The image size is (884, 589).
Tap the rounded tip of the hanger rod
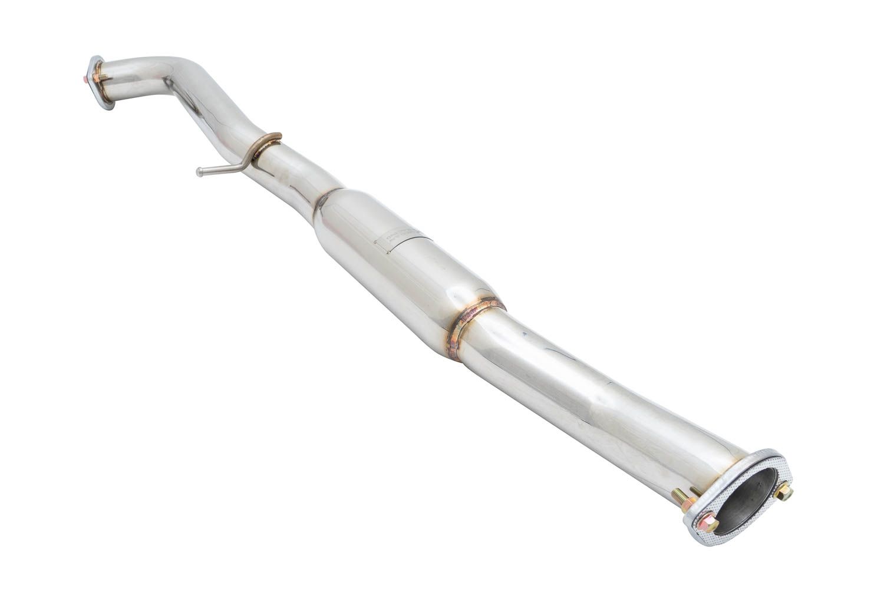point(199,173)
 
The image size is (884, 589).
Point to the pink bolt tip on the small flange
point(87,76)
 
